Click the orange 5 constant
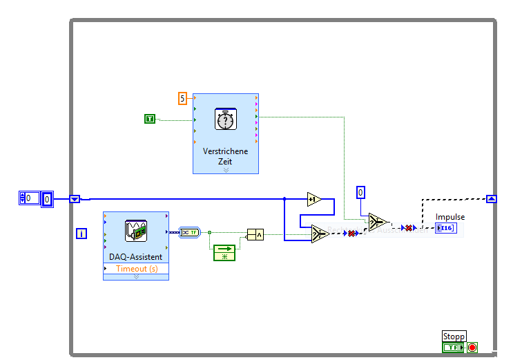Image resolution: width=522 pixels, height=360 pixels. pyautogui.click(x=182, y=98)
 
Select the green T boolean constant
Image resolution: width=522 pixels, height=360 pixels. pyautogui.click(x=150, y=119)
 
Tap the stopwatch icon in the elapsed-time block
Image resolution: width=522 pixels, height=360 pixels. pyautogui.click(x=225, y=119)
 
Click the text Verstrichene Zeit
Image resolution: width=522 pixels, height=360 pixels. pyautogui.click(x=225, y=156)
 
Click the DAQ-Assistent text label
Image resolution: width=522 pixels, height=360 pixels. pyautogui.click(x=136, y=257)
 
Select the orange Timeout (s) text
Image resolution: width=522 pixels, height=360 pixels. pyautogui.click(x=136, y=268)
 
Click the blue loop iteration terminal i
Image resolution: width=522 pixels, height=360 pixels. pyautogui.click(x=81, y=234)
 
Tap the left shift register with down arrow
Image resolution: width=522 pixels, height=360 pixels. pyautogui.click(x=75, y=199)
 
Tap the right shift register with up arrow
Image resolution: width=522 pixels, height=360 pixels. pyautogui.click(x=491, y=199)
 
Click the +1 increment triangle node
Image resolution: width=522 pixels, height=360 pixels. pyautogui.click(x=314, y=200)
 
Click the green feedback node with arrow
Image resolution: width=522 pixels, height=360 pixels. pyautogui.click(x=224, y=253)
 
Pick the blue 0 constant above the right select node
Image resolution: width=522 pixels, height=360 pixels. pyautogui.click(x=360, y=192)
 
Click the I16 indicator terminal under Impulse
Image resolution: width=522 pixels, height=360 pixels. pyautogui.click(x=445, y=228)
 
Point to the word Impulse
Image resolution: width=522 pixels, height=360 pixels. pyautogui.click(x=450, y=217)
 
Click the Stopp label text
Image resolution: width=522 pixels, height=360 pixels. pyautogui.click(x=454, y=337)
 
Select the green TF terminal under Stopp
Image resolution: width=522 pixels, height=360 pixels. pyautogui.click(x=452, y=348)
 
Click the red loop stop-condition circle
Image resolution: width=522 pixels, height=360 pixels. pyautogui.click(x=472, y=348)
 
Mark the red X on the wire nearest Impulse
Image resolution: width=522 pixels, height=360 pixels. pyautogui.click(x=408, y=227)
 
